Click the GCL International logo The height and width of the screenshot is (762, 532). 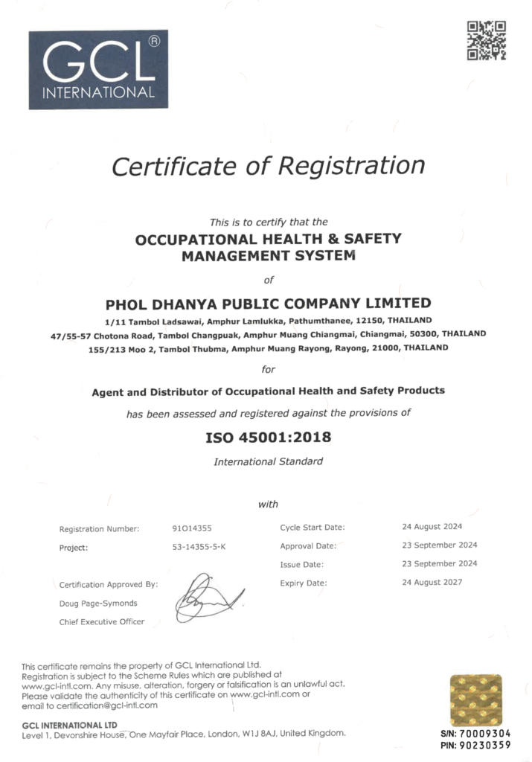[98, 69]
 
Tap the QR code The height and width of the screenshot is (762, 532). [486, 41]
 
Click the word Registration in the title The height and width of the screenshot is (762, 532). [351, 165]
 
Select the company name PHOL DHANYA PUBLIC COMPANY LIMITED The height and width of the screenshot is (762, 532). [269, 304]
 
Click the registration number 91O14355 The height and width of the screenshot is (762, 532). [192, 528]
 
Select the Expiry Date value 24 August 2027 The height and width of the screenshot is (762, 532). [432, 582]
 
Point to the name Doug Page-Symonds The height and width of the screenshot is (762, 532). [98, 603]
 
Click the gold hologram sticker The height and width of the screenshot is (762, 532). [475, 699]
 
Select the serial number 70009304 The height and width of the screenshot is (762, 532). [484, 733]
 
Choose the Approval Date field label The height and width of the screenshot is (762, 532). [308, 545]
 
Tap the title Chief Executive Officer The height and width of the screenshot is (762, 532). [102, 621]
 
